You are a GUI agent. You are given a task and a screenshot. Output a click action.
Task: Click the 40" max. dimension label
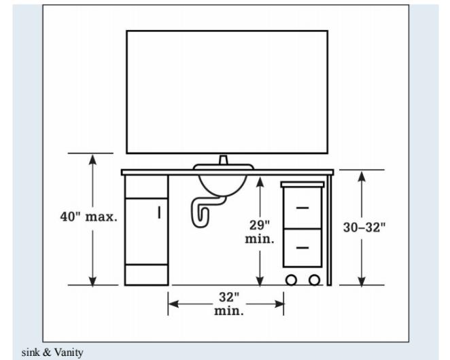pos(88,217)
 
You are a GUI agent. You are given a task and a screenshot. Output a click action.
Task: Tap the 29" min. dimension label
pos(260,232)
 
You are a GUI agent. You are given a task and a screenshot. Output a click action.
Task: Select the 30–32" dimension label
pos(364,228)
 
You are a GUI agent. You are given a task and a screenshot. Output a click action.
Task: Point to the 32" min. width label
pos(228,304)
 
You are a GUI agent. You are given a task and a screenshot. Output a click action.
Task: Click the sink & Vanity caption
pos(52,353)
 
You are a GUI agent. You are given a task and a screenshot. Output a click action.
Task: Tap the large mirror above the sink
pos(227,92)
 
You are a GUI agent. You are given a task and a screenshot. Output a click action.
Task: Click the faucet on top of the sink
pos(223,160)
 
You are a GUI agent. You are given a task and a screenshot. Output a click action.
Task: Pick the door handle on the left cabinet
pos(159,213)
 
